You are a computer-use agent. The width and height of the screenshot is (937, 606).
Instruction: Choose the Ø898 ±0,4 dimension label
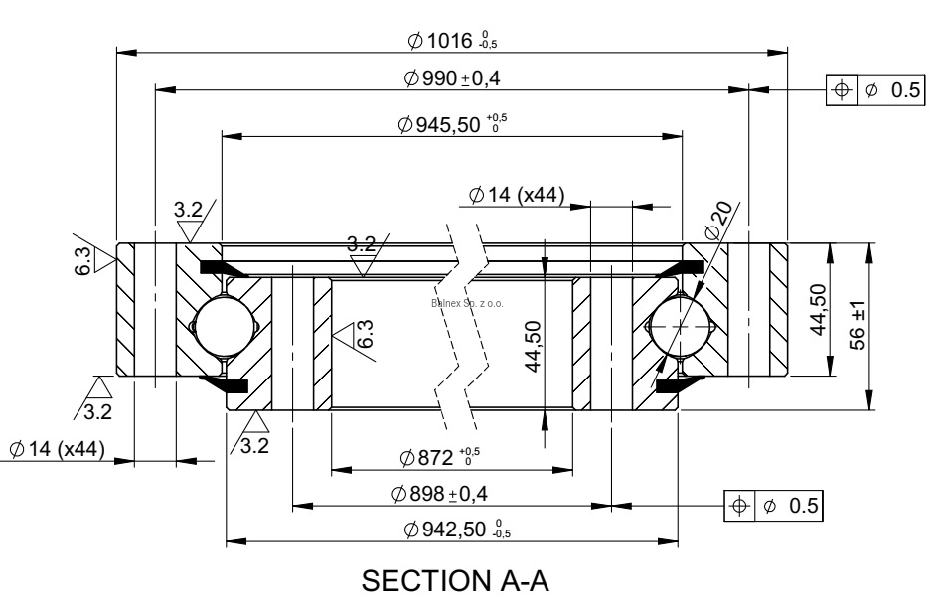coord(446,493)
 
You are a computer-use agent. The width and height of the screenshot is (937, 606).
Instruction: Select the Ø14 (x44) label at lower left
coord(57,449)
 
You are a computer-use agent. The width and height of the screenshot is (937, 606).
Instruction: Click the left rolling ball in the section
coord(223,326)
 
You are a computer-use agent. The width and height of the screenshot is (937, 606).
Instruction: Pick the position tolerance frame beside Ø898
coord(774,505)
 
